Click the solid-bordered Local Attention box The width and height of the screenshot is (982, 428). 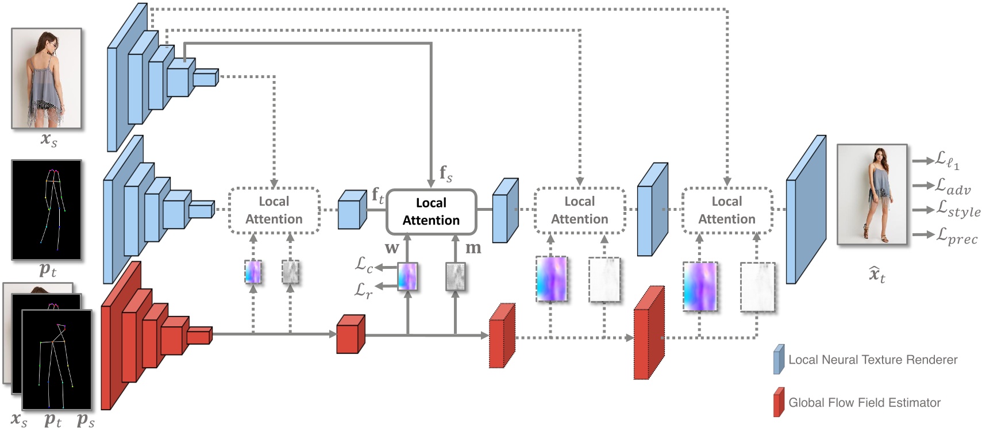point(431,211)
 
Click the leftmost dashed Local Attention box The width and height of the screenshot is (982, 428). point(274,210)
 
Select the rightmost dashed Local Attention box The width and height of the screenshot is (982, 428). point(727,210)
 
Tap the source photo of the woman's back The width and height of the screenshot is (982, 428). point(47,78)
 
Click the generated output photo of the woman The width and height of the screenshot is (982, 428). point(872,194)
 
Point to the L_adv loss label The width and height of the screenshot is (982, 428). point(952,186)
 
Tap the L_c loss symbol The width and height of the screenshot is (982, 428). point(364,265)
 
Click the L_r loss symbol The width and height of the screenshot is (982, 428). point(363,290)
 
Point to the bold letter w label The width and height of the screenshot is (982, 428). point(392,248)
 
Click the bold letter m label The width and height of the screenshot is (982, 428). point(473,248)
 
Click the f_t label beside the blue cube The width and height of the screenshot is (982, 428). point(378,195)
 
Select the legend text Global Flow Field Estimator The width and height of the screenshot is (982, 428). point(864,403)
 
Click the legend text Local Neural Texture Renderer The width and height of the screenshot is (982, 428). point(872,360)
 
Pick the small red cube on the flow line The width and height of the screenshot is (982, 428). point(351,334)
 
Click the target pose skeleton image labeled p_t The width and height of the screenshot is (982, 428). point(47,210)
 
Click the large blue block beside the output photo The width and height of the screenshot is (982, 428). point(806,210)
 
